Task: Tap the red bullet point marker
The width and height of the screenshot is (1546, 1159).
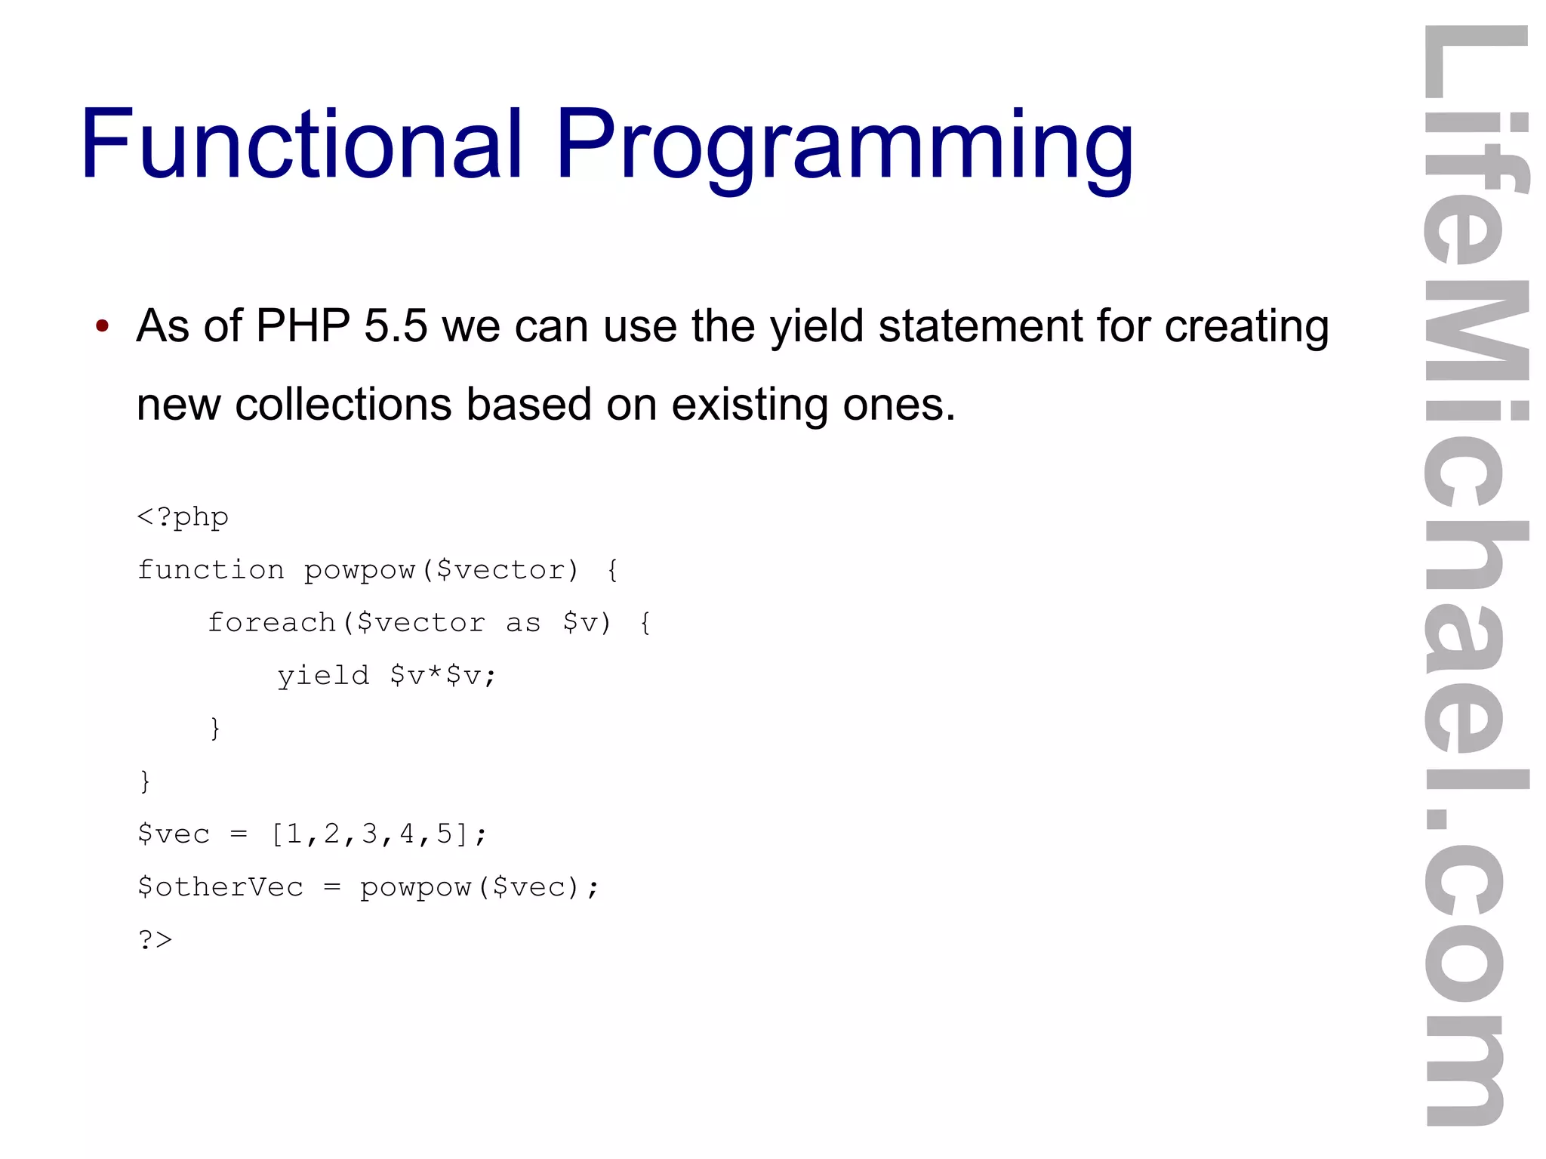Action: point(103,327)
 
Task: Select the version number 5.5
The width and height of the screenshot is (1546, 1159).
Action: point(396,326)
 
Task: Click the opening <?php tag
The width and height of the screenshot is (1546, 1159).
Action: point(183,518)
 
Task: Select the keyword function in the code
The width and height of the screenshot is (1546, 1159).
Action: point(211,570)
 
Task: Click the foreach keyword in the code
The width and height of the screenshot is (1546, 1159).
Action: point(272,623)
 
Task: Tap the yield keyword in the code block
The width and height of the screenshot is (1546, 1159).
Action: point(323,676)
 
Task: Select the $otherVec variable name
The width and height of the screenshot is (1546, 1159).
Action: point(220,887)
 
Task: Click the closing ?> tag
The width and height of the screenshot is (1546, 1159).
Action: point(156,940)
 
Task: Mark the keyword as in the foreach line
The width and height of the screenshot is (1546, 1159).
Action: point(523,624)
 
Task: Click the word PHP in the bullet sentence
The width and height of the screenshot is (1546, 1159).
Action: point(303,326)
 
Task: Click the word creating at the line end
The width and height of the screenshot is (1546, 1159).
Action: point(1246,326)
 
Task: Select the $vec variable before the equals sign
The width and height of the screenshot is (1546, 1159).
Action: point(174,834)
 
